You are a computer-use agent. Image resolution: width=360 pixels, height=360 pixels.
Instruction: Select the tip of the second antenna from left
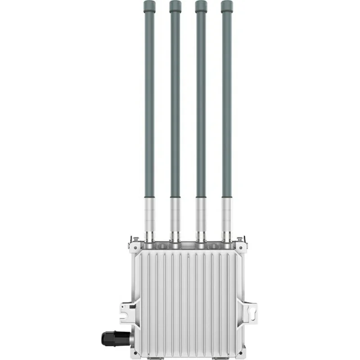[175, 6]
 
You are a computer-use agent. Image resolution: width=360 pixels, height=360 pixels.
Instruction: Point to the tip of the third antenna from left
[201, 6]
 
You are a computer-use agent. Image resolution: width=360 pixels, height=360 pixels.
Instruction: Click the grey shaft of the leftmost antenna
[149, 103]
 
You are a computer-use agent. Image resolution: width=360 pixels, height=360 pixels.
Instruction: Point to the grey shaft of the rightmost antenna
[227, 103]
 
